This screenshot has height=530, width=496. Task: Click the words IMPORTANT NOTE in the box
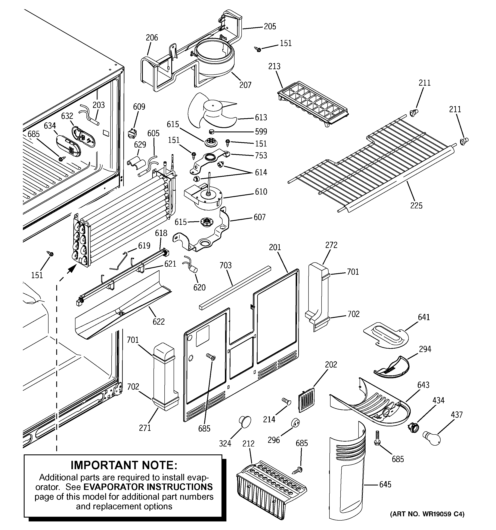[124, 465]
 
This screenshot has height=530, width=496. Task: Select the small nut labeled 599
[212, 131]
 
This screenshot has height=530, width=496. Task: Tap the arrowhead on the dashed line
[70, 270]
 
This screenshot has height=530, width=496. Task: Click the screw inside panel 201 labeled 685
[211, 357]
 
